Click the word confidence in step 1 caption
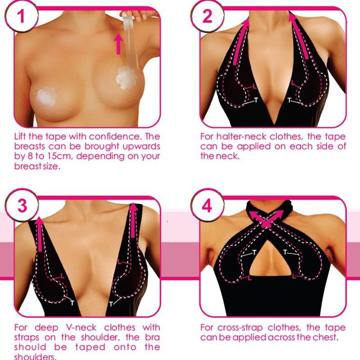[118, 136]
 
